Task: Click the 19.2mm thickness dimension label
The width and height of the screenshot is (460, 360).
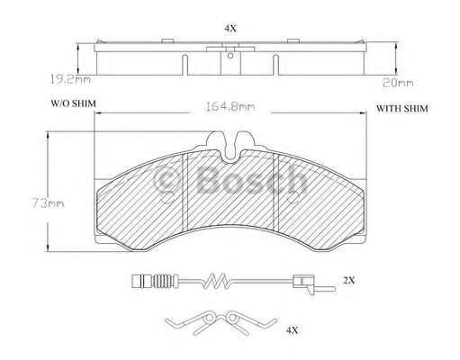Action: [70, 80]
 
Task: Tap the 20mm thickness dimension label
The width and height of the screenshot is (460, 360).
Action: [398, 83]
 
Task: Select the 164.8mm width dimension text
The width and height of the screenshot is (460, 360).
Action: [230, 106]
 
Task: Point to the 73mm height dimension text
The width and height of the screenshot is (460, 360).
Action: [48, 203]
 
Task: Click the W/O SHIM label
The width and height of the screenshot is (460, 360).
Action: [74, 103]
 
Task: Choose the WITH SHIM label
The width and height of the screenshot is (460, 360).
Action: [402, 108]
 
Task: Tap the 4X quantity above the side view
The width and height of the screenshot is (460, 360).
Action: [230, 29]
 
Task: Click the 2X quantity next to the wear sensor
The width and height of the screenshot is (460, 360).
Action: [349, 281]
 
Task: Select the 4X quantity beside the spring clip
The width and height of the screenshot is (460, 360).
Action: [292, 330]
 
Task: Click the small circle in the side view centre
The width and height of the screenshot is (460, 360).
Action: [230, 56]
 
